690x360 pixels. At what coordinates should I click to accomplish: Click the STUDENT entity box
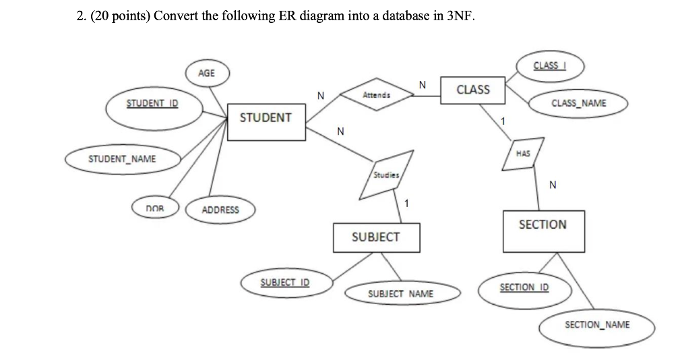coord(266,121)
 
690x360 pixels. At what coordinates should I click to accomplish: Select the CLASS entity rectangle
coord(473,90)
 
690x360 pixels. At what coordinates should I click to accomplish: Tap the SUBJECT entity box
coord(375,237)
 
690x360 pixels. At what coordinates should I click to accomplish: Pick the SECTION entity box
coord(542,230)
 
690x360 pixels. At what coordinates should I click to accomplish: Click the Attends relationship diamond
coord(376,96)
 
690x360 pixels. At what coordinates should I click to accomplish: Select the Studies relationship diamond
coord(385,175)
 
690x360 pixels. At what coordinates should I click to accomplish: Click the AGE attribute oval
coord(207,73)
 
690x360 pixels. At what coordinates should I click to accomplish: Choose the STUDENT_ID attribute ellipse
coord(153,104)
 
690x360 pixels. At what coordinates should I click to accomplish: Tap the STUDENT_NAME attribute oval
coord(122,159)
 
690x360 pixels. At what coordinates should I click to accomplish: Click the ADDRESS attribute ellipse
coord(220,210)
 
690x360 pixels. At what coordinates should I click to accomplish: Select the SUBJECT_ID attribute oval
coord(284,282)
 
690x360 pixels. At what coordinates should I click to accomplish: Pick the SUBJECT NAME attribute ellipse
coord(401,294)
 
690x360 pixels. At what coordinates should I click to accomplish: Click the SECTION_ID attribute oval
coord(524,288)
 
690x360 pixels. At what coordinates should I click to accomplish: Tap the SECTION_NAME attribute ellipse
coord(597,325)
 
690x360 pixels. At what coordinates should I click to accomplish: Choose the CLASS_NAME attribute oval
coord(578,103)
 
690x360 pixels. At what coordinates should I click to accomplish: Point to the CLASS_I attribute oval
coord(550,66)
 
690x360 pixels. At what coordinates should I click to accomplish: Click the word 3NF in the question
coord(460,17)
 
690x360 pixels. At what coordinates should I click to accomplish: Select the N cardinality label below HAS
coord(553,185)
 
